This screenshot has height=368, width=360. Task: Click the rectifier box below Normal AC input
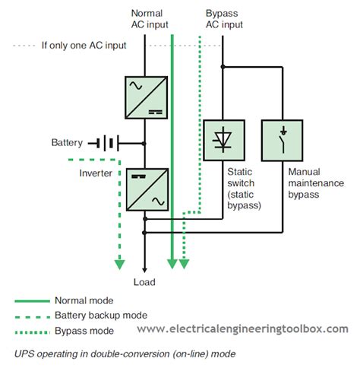coord(144,97)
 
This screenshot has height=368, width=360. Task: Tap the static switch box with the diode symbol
coord(223,139)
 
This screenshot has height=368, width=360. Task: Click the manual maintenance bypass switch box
coord(283,139)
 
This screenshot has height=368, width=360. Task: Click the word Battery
coord(67,143)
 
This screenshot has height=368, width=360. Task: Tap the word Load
coord(144,282)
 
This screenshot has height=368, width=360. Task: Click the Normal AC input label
coord(147,19)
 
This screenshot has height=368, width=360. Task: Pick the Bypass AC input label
coord(224,19)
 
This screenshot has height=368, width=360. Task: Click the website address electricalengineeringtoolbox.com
coord(242,329)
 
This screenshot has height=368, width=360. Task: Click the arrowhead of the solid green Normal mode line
coord(173,264)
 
